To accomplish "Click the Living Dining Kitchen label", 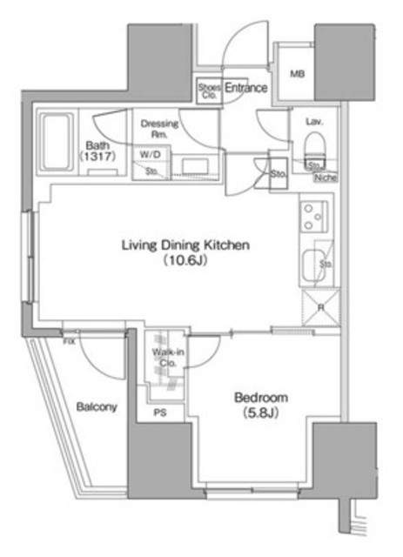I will pos(185,245).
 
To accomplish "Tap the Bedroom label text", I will pos(261,398).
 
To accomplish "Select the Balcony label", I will pos(96,407).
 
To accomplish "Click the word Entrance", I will pos(245,87).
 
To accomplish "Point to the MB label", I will pos(297,73).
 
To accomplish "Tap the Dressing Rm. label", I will pos(159,129).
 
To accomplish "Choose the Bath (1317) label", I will pos(95,151).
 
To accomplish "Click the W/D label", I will pos(150,156).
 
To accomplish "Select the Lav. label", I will pos(314,123).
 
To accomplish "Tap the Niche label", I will pos(326,178).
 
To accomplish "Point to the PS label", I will pos(159,413).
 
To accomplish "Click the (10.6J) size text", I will pos(185,261).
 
